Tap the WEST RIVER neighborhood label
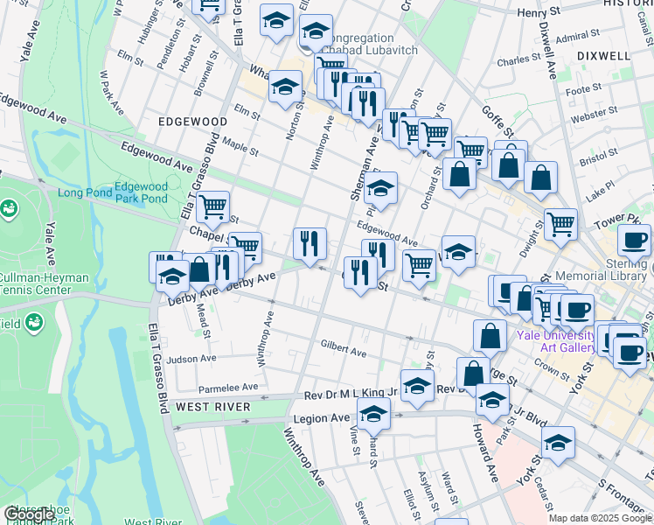pyautogui.click(x=213, y=407)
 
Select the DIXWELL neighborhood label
pyautogui.click(x=603, y=55)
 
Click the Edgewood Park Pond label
pyautogui.click(x=141, y=192)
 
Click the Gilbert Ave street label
pyautogui.click(x=343, y=348)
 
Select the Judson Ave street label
pyautogui.click(x=191, y=359)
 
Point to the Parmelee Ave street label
pyautogui.click(x=229, y=386)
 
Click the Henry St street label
pyautogui.click(x=539, y=13)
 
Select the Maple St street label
pyautogui.click(x=240, y=139)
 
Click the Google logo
pyautogui.click(x=29, y=515)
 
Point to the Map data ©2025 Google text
pyautogui.click(x=600, y=518)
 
